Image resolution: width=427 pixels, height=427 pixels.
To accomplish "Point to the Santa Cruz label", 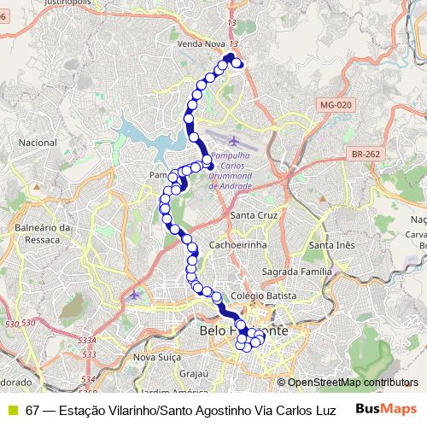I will (254, 215).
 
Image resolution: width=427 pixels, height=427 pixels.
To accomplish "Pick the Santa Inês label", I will (331, 246).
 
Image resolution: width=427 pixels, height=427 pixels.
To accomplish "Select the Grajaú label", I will (194, 373).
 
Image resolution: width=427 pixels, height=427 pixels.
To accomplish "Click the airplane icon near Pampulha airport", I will (234, 140).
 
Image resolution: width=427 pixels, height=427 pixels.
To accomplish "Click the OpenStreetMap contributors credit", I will (351, 383).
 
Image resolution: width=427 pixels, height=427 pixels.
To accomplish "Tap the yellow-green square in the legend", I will (12, 410).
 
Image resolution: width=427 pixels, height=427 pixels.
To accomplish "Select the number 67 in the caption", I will (32, 410).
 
